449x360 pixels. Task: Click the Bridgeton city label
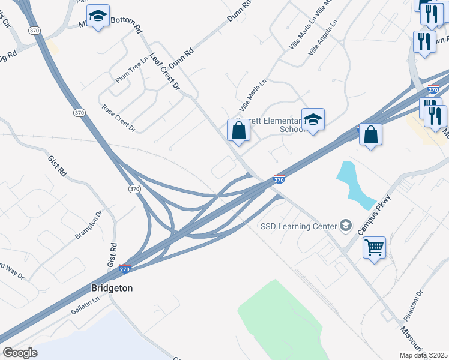[x=112, y=288]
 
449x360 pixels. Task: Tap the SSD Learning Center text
[x=298, y=226]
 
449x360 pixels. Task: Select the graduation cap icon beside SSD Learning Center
[x=345, y=226]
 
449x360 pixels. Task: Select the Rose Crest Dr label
[x=119, y=118]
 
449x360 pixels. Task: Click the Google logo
[x=20, y=353]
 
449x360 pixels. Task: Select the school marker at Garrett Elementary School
[x=313, y=119]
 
